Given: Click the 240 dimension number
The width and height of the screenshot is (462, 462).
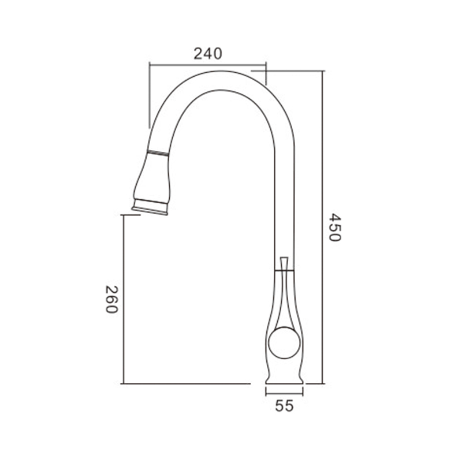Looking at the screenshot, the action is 208,54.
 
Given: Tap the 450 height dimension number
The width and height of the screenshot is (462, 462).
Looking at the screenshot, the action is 335,227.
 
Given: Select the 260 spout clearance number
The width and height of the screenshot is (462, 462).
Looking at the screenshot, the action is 111,299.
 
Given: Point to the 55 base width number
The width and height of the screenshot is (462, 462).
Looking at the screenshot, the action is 284,406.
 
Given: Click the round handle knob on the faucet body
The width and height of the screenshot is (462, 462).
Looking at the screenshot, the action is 284,342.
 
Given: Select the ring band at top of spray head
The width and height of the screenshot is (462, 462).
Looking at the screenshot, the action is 158,153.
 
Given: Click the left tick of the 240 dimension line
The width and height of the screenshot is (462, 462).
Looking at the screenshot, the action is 150,63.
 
